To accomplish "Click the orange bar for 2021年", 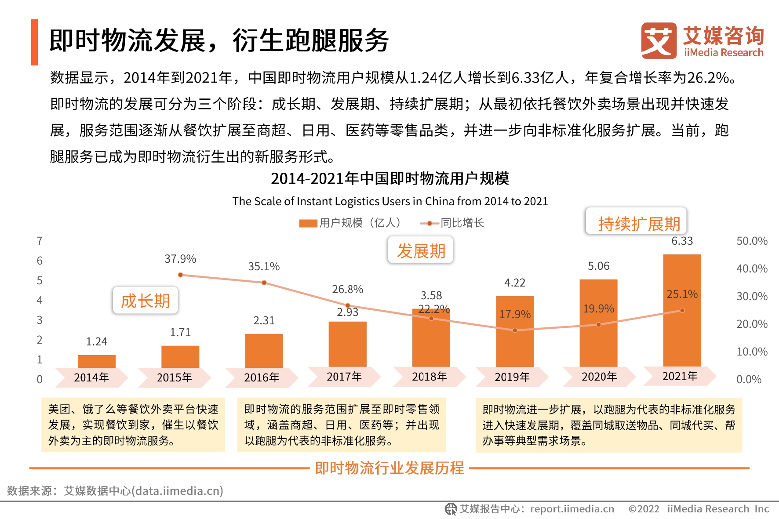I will tap(682, 310).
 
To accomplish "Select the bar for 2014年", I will tap(97, 361).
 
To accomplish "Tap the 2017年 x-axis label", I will tap(344, 377).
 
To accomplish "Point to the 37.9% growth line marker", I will tap(180, 275).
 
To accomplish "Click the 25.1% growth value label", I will tap(682, 294).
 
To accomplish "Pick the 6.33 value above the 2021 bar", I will tap(682, 241).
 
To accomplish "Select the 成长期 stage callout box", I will tap(146, 301).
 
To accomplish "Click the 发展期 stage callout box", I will tap(421, 250).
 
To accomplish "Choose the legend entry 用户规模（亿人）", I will tap(350, 223).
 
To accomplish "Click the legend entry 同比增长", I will tap(453, 223).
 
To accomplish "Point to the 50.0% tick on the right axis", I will tap(752, 241).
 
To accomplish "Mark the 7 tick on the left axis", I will tap(40, 241).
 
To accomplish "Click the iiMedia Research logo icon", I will tap(659, 41).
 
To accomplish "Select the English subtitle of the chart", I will tap(390, 201).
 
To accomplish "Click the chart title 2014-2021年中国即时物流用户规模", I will tap(390, 178).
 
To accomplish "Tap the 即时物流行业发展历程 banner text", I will tap(389, 468).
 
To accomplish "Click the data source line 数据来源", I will tap(115, 490).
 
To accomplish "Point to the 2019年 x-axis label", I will tap(512, 377).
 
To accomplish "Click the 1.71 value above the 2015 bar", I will tap(180, 332).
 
